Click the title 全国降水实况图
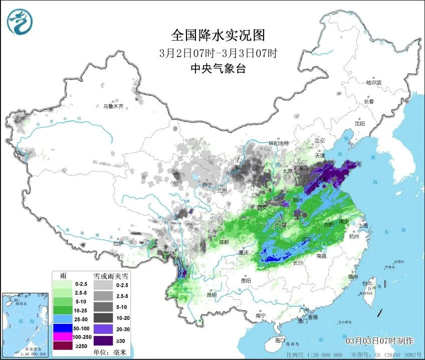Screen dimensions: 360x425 pos(218,35)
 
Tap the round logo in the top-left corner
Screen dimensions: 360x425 pos(20,21)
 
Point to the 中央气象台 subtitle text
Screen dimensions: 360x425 pos(218,69)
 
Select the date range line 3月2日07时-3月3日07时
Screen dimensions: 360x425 pos(218,53)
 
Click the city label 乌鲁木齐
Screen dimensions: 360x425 pos(113,106)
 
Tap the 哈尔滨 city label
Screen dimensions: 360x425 pos(373,82)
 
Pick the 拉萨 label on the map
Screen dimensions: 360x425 pos(118,243)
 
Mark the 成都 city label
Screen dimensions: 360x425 pos(224,242)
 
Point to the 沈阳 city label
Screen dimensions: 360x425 pos(359,123)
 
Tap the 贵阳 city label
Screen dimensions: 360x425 pos(246,281)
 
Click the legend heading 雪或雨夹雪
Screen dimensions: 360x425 pos(103,276)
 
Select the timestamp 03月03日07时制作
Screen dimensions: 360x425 pos(380,341)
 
